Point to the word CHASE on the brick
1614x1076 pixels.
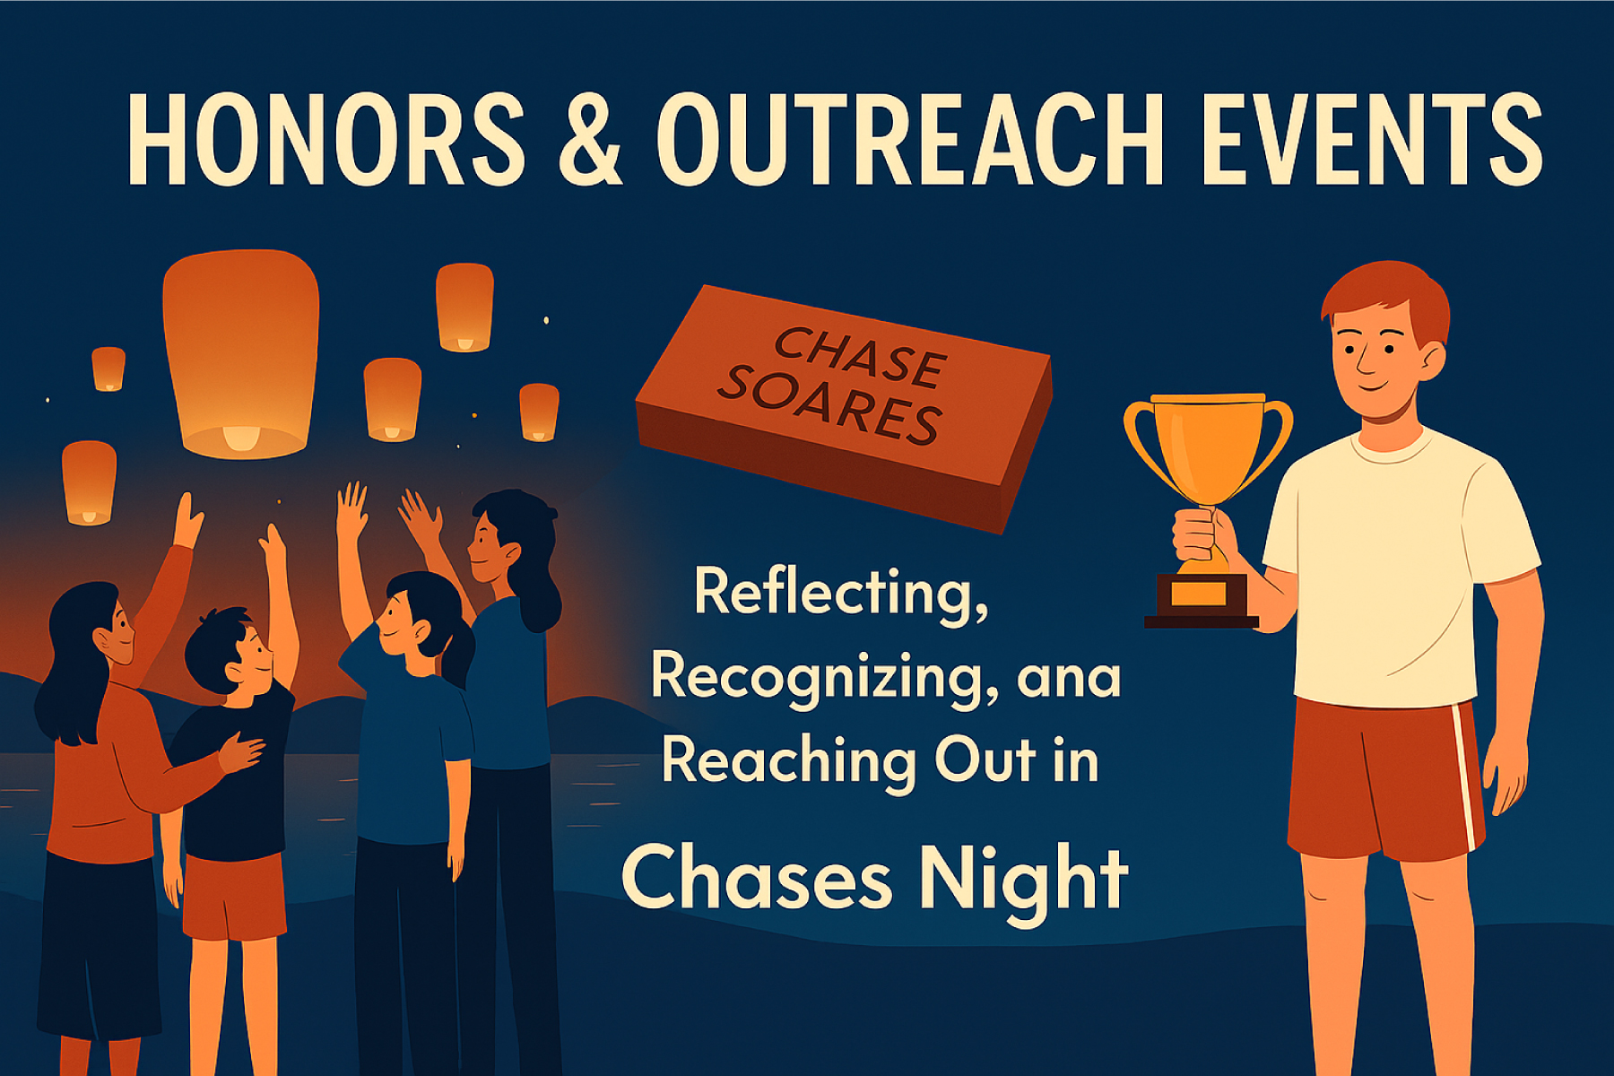858,357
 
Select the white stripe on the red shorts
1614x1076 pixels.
1466,777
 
